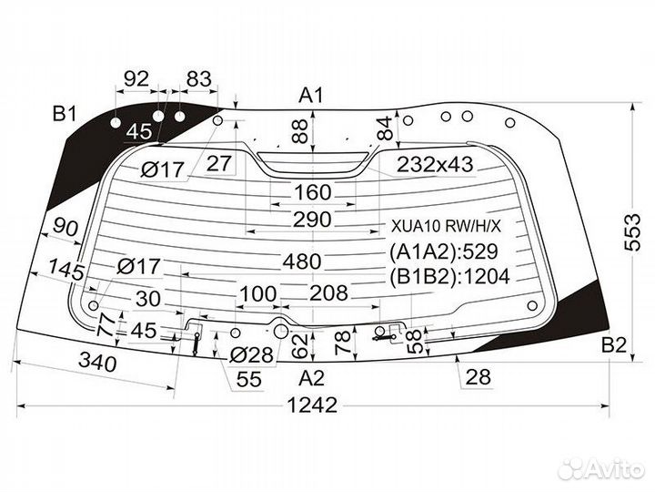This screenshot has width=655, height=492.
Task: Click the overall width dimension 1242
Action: [315, 405]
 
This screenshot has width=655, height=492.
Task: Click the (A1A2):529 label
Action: [445, 252]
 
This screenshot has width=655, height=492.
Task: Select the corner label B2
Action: [615, 344]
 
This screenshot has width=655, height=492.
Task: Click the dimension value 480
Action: [302, 261]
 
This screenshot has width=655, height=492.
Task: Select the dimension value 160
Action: [312, 193]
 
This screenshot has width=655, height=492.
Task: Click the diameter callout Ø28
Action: [251, 355]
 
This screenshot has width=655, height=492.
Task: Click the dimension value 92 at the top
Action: [136, 79]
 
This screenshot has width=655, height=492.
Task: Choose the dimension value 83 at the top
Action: [198, 79]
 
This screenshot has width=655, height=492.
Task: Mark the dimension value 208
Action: [328, 292]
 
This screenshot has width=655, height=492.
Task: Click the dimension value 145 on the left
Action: [66, 271]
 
